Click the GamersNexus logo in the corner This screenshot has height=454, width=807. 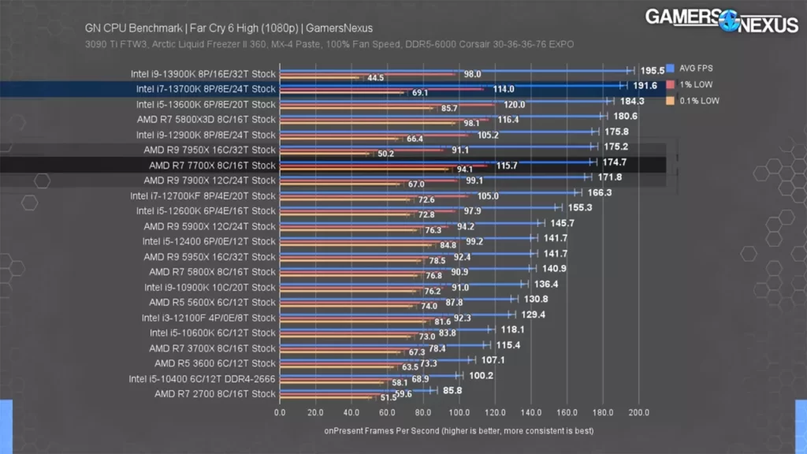[721, 20]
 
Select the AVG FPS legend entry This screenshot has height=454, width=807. [690, 68]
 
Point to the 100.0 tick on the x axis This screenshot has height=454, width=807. [459, 412]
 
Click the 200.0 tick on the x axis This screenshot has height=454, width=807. [638, 412]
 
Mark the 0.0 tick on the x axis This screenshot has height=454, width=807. [280, 412]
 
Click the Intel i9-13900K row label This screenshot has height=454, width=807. [203, 73]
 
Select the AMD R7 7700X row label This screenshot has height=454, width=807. [212, 166]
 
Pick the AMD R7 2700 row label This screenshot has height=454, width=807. [214, 393]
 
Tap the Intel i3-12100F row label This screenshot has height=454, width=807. [208, 318]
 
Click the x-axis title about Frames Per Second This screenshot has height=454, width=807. [459, 431]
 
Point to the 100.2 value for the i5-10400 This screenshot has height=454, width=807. [480, 375]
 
